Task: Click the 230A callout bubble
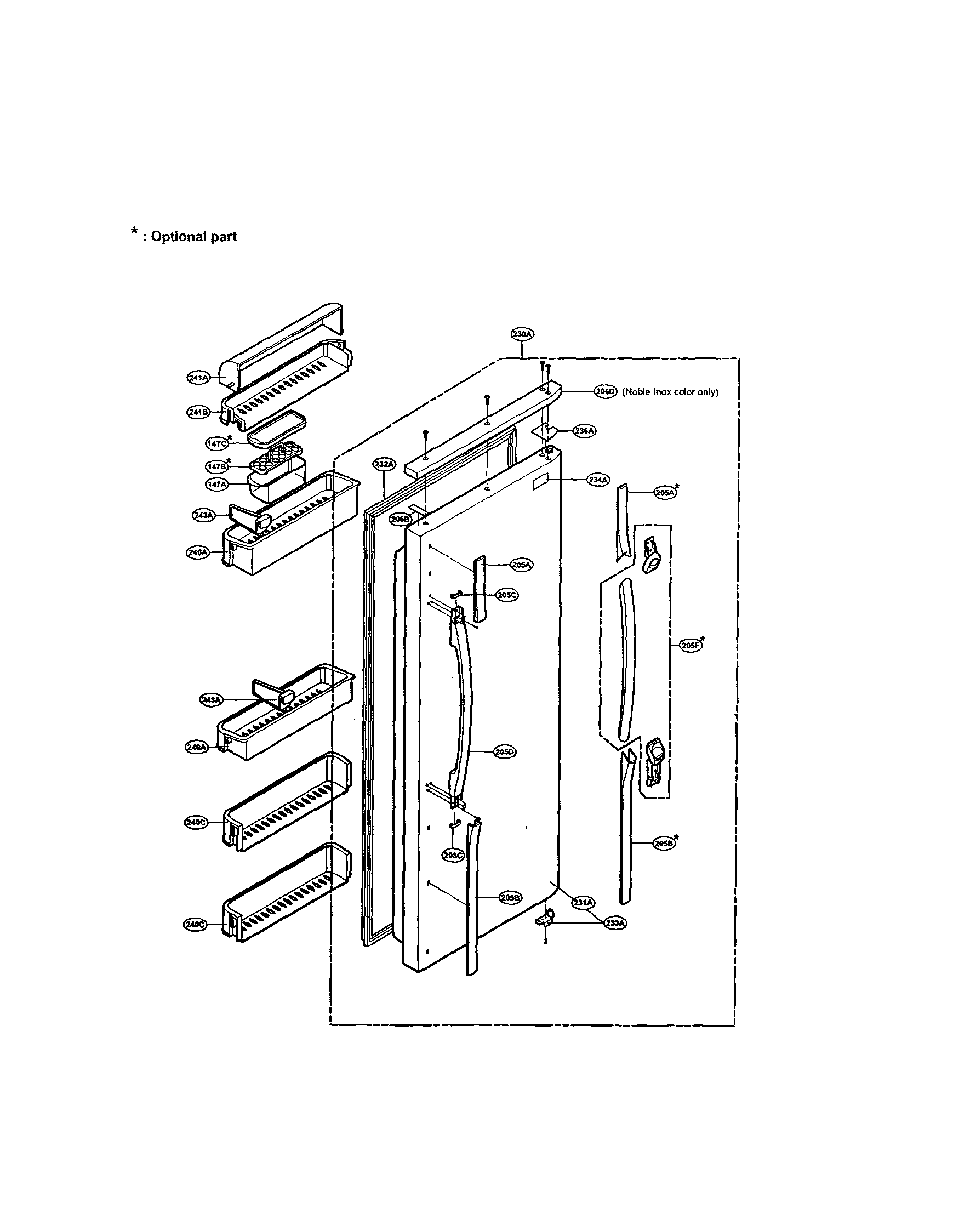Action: (522, 334)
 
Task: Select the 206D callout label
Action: (604, 392)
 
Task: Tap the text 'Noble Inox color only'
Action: (670, 392)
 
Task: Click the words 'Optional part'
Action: (193, 237)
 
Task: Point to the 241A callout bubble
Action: (197, 378)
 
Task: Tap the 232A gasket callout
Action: (384, 464)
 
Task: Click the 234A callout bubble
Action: (597, 480)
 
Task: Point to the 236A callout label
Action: (584, 431)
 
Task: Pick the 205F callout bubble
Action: (691, 646)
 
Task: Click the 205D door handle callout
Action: (505, 751)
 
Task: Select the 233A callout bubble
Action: (615, 921)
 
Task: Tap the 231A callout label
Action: (583, 903)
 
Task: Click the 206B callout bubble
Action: (401, 520)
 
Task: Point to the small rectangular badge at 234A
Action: (539, 482)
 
